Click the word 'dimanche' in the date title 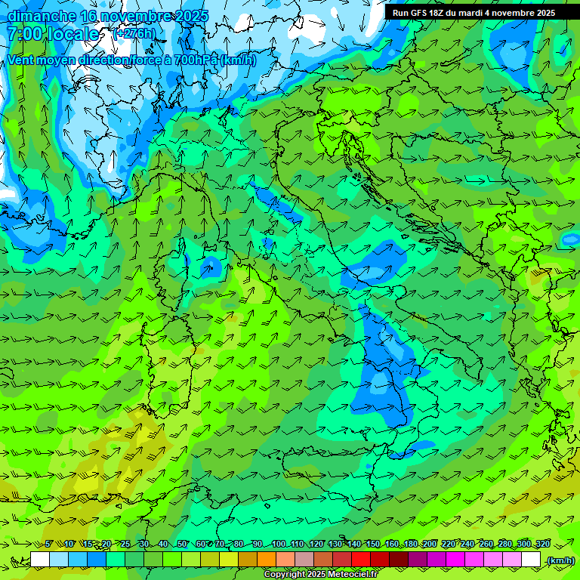click(42, 16)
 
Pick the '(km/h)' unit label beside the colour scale click(560, 560)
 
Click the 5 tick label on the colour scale click(49, 545)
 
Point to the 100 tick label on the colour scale click(279, 545)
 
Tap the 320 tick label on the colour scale click(542, 545)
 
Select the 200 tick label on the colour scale click(429, 545)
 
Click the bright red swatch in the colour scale click(361, 560)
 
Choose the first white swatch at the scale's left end click(40, 560)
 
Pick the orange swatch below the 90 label click(267, 560)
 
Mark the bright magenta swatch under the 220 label click(455, 560)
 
